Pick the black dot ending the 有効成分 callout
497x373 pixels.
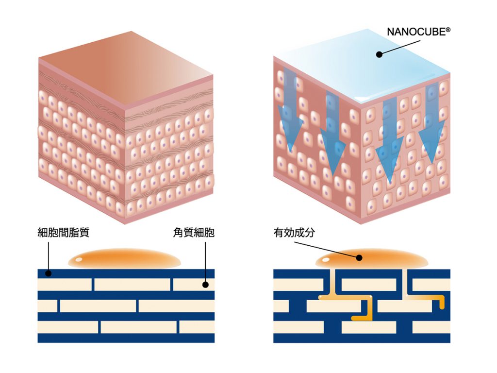tap(360, 258)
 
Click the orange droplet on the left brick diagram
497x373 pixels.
tap(124, 259)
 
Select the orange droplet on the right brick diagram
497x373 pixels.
tap(379, 260)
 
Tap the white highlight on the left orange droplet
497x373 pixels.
tap(80, 259)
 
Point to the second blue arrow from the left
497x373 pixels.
tap(332, 134)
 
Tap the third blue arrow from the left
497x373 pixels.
tap(390, 141)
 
